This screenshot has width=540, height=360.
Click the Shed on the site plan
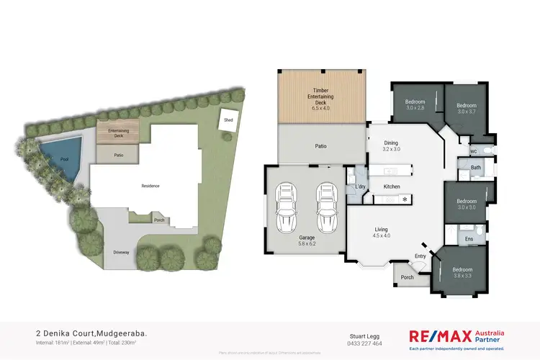pos(228,120)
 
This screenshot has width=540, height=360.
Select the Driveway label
pos(122,252)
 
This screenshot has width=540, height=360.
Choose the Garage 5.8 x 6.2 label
pos(307,240)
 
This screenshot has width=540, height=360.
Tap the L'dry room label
pos(361,187)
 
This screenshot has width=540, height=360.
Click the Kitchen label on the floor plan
pos(392,186)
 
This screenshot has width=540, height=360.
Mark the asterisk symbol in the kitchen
pos(405,199)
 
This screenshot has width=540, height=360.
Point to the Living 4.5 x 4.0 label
pos(381,233)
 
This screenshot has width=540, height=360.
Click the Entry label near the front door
pos(420,255)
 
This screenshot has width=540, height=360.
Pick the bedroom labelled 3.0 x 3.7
pos(467,109)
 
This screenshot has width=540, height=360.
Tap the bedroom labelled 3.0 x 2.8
pos(414,104)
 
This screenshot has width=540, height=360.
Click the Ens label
pos(469,238)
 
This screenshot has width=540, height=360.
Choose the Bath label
pos(475,168)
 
